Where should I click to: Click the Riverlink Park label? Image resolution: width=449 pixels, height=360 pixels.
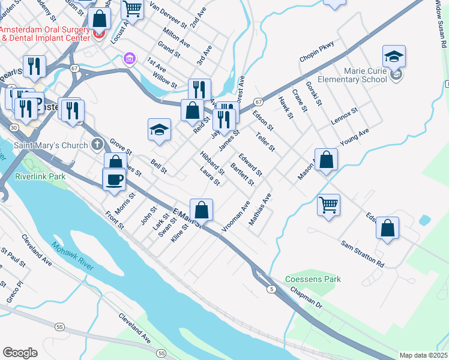coord(40,177)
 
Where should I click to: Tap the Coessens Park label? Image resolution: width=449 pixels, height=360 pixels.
coord(313,279)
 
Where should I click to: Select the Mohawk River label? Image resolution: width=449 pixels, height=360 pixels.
coord(72,256)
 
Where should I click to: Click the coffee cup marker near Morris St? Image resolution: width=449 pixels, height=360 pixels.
coord(114,179)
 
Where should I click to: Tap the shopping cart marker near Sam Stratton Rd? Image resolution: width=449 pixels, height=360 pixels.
coord(328,205)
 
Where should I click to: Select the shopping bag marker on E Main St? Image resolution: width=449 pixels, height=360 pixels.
coord(202,210)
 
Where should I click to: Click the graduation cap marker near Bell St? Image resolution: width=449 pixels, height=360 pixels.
coord(158,130)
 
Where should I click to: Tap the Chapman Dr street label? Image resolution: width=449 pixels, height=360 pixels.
coord(306,298)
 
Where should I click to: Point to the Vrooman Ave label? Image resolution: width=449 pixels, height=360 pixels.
coord(235,217)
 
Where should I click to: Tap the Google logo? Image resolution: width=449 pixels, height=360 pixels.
coord(20,352)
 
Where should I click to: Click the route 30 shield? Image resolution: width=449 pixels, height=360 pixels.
coord(13,129)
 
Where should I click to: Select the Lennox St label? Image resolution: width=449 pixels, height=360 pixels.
coord(345,115)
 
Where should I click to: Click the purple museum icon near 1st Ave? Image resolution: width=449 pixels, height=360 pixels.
coord(128,59)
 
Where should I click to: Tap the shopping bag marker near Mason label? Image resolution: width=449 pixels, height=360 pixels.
coord(326,160)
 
